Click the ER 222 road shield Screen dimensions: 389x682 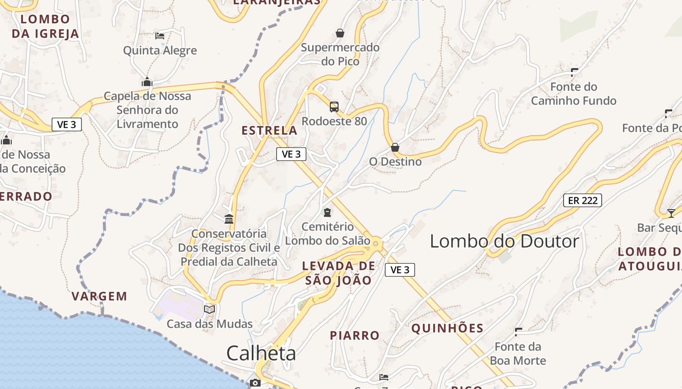pos(583,200)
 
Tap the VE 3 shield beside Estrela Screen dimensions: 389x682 pos(291,154)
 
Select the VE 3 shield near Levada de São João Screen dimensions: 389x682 pos(400,270)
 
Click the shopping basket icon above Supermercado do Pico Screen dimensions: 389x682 pos(340,33)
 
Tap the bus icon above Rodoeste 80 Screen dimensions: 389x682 pos(334,107)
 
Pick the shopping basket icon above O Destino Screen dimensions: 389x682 pos(395,147)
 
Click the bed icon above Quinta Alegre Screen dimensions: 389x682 pos(160,35)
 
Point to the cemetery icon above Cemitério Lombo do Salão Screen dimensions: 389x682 pos(327,212)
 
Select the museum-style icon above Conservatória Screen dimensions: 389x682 pos(229,219)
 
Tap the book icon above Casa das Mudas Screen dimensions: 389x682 pos(209,309)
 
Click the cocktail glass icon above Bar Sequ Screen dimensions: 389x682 pos(671,213)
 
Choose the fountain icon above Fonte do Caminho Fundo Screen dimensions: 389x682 pos(574,72)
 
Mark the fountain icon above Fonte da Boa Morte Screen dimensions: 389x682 pos(518,332)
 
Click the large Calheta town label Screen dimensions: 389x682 pos(261,354)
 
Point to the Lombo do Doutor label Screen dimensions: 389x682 pos(504,241)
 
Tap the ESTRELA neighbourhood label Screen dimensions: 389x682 pos(269,130)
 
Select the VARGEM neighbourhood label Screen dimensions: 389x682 pos(99,296)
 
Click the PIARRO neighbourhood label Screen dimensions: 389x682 pos(355,336)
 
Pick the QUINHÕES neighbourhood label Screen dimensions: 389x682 pos(447,328)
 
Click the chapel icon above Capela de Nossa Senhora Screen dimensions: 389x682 pos(147,82)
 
